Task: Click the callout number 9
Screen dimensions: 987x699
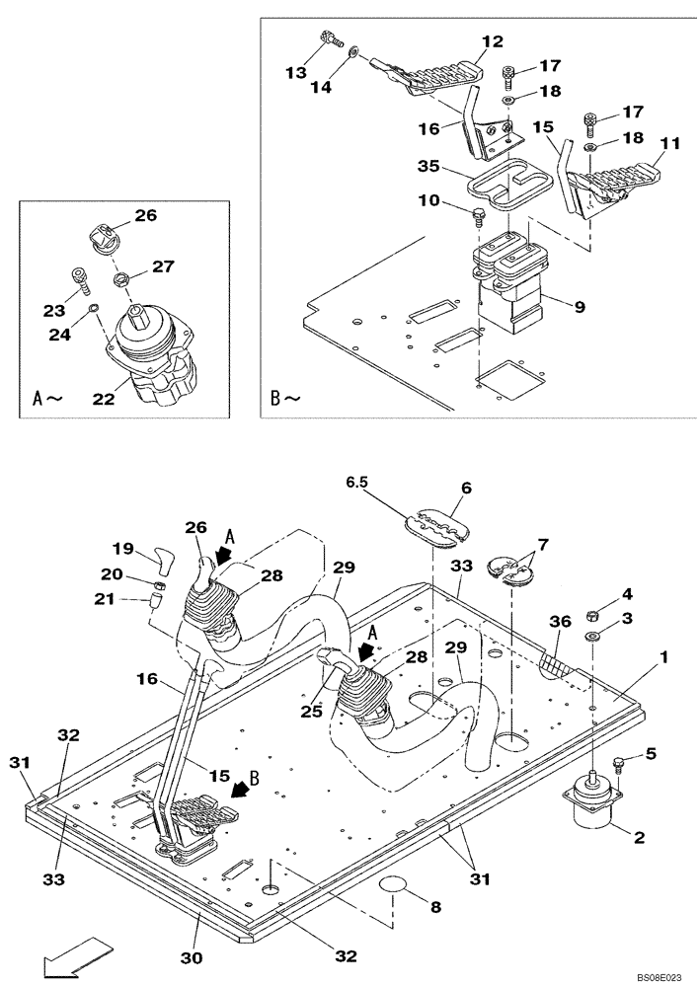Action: (580, 307)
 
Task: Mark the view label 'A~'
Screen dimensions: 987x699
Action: (48, 400)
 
